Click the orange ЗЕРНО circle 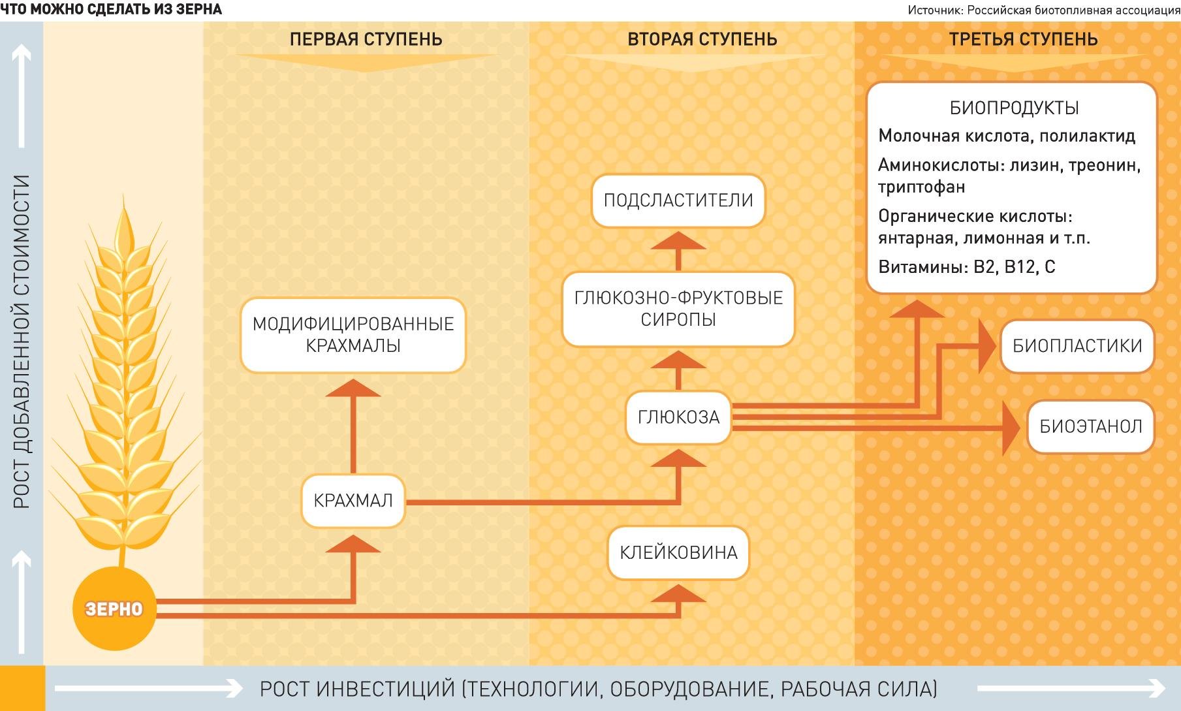[114, 608]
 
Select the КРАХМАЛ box [353, 501]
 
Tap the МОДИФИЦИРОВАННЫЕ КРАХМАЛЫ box [353, 335]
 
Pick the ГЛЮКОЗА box [678, 417]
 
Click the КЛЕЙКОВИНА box [678, 552]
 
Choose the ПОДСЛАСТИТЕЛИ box [678, 200]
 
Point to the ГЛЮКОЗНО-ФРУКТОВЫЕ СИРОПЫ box [678, 309]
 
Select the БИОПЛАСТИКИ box [1077, 346]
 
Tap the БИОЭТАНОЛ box [1090, 427]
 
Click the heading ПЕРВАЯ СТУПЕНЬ [366, 39]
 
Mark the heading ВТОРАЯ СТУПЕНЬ [702, 39]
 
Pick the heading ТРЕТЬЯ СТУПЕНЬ [1023, 39]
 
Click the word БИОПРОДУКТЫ [1014, 108]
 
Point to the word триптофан [921, 187]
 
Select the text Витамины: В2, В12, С [966, 267]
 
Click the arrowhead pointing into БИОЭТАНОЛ [1011, 428]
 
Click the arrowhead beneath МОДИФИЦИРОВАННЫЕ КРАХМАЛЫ [353, 388]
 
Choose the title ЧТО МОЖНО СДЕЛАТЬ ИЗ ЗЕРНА [111, 9]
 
